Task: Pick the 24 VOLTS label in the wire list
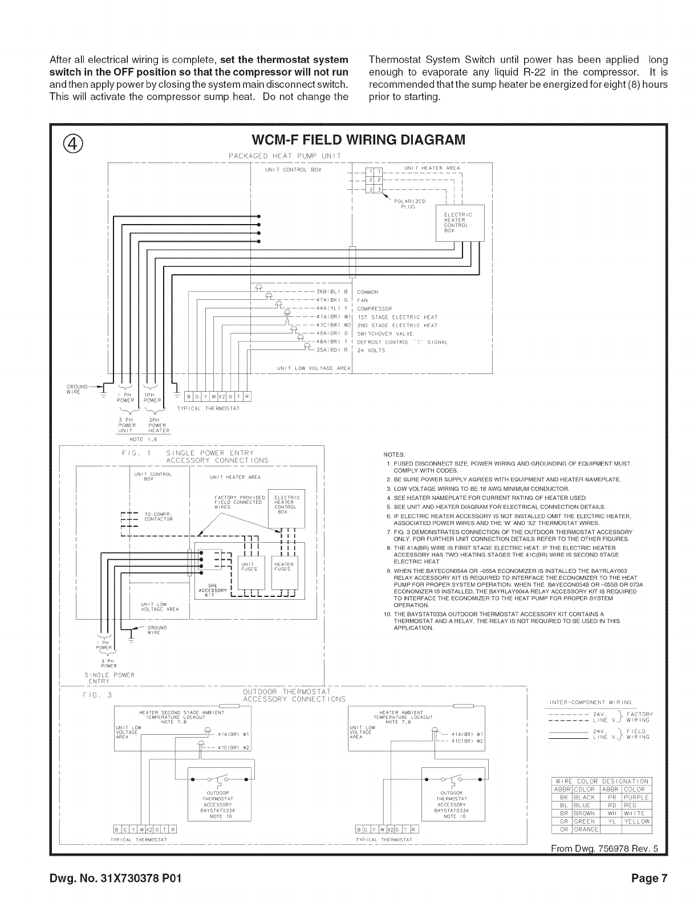(x=371, y=351)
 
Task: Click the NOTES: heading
(x=395, y=454)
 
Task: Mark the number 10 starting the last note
(x=387, y=614)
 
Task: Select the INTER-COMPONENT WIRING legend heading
(x=590, y=702)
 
